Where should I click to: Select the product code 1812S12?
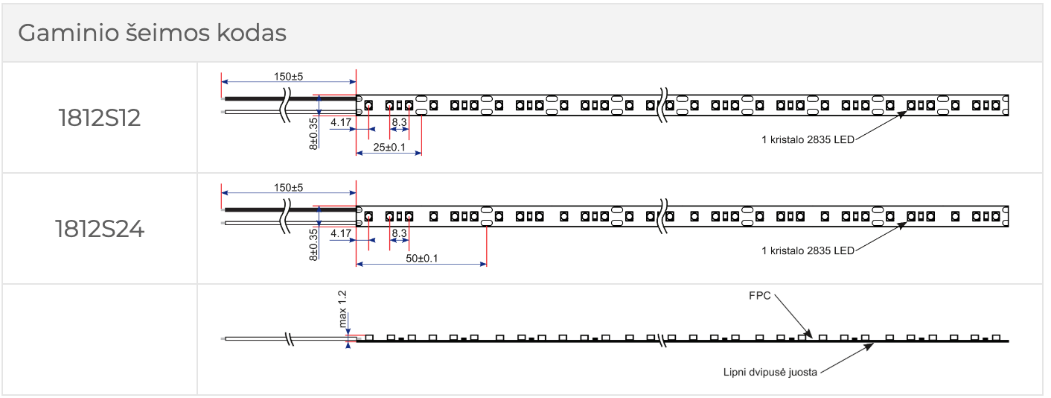pos(100,119)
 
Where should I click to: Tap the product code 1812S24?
pos(100,229)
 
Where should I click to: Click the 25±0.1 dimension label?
pos(389,148)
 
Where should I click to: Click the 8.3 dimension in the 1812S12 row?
pos(399,121)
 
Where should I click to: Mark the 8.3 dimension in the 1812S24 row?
pos(399,233)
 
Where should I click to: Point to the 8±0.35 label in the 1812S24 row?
pos(313,244)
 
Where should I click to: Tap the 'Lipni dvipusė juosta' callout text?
pos(771,370)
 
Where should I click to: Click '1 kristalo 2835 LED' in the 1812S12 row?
pos(808,139)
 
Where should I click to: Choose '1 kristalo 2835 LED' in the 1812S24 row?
pos(808,250)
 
